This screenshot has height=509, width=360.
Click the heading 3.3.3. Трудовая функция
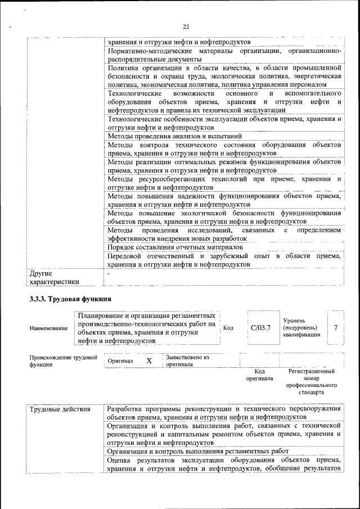coord(70,298)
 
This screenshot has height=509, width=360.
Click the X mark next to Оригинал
coord(149,361)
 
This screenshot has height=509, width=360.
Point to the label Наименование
coord(49,328)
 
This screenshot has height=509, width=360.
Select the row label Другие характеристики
coord(54,278)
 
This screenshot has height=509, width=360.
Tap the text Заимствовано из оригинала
coord(187,361)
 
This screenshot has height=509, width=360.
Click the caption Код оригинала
coord(259,375)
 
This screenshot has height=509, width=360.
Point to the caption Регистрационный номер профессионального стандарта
coord(311,382)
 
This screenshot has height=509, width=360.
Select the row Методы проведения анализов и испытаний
coord(174,136)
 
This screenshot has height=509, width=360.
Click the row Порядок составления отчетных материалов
coord(175,247)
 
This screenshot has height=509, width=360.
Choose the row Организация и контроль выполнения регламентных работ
coord(197,451)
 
